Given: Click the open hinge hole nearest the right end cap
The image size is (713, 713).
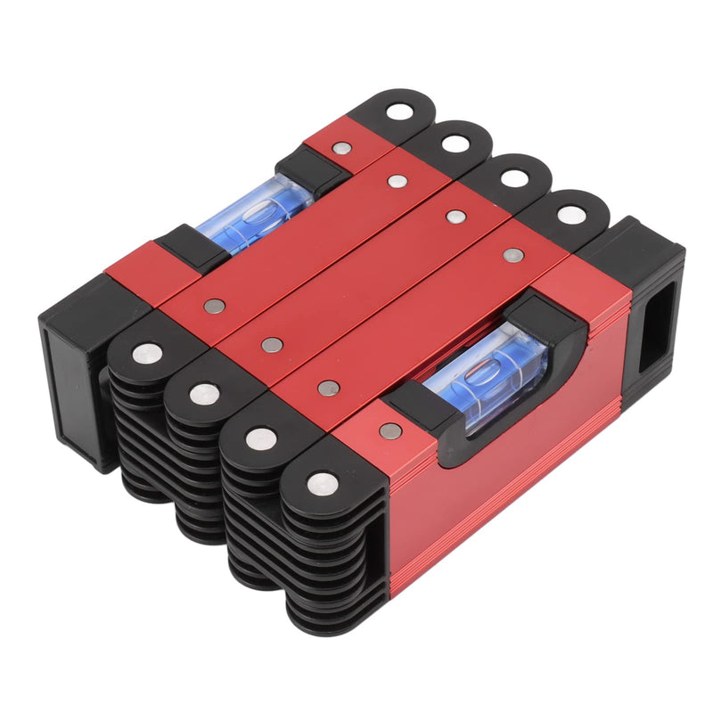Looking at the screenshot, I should (570, 214).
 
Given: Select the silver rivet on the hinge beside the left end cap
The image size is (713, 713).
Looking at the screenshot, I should (147, 353).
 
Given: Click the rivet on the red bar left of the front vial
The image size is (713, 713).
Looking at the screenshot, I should (390, 430).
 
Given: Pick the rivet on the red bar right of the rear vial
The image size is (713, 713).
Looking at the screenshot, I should (340, 149).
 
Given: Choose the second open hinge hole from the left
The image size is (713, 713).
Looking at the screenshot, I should (455, 143).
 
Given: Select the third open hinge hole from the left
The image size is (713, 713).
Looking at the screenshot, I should (513, 177).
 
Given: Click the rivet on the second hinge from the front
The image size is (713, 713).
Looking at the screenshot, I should (261, 437).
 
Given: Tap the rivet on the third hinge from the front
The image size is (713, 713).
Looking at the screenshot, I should (205, 393).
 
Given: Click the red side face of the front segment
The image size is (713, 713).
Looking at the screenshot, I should (499, 499).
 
